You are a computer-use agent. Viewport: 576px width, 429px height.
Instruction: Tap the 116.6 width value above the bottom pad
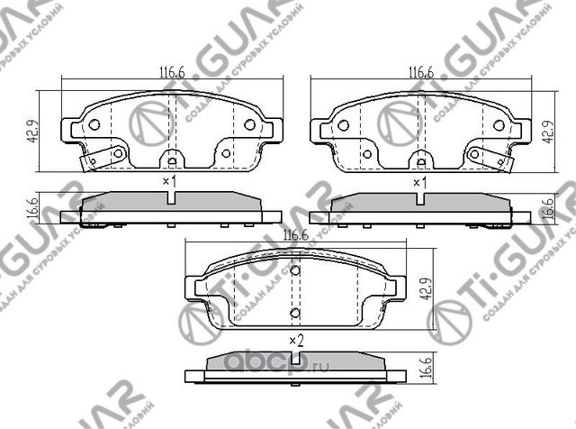pyautogui.click(x=294, y=235)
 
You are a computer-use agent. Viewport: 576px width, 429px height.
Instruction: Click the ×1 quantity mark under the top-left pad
pyautogui.click(x=167, y=182)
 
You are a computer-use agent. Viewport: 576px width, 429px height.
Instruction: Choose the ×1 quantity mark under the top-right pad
pyautogui.click(x=418, y=182)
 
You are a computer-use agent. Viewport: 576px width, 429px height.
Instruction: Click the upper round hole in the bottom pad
pyautogui.click(x=294, y=269)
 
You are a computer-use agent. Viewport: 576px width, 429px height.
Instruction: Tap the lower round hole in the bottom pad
pyautogui.click(x=294, y=313)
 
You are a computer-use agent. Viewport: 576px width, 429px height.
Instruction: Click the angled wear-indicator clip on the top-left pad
pyautogui.click(x=101, y=158)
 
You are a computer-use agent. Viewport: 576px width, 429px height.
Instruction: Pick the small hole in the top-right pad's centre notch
pyautogui.click(x=419, y=162)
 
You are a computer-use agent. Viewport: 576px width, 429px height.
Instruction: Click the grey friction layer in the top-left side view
pyautogui.click(x=171, y=204)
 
